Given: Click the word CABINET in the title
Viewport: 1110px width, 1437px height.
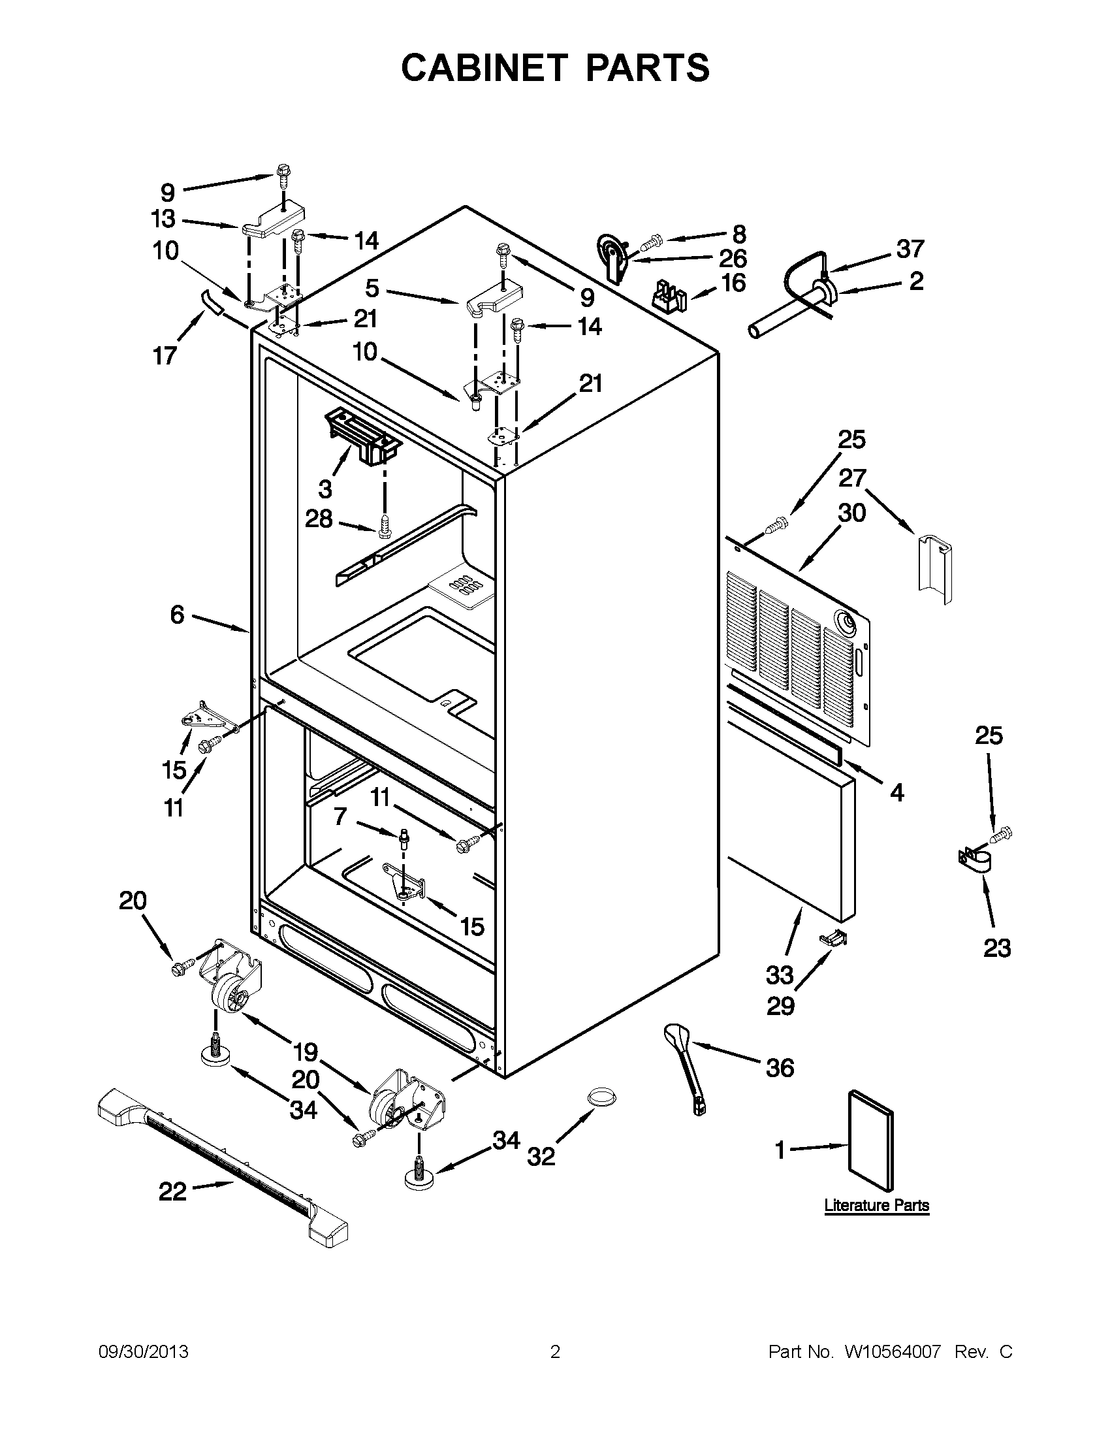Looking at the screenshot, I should pos(484,68).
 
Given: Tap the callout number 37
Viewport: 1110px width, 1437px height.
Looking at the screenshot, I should pos(911,249).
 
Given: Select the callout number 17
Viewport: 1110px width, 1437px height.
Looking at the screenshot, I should pos(165,356).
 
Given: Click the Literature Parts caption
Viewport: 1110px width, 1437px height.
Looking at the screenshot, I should pos(876,1205).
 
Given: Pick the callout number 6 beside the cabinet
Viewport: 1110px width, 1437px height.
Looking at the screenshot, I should pos(177,615).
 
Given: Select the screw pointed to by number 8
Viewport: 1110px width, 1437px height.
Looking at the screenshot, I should pos(648,244).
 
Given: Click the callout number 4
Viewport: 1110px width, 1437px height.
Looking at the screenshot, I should pos(897,793).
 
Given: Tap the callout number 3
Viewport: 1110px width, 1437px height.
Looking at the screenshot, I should pos(325,488).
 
